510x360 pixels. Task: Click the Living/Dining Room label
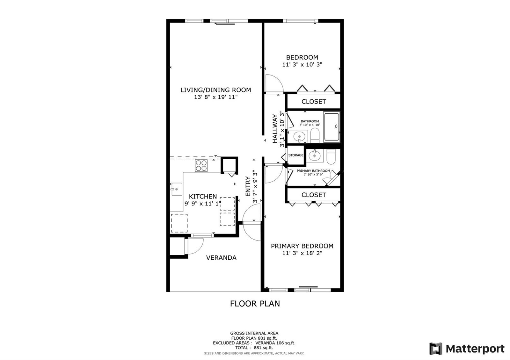(x=215, y=90)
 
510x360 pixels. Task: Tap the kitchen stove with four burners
(x=201, y=165)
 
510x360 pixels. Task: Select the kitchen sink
(x=177, y=189)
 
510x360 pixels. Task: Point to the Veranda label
(x=221, y=258)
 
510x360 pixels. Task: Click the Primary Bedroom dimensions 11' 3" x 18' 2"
(x=302, y=253)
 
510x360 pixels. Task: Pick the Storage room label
(x=296, y=155)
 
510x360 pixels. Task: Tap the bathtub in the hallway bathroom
(x=332, y=127)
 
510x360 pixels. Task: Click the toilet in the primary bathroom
(x=331, y=156)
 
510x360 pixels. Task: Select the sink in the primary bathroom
(x=315, y=156)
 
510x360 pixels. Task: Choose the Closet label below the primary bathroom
(x=314, y=195)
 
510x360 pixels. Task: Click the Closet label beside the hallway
(x=314, y=102)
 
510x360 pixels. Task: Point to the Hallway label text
(x=275, y=129)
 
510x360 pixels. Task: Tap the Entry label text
(x=248, y=186)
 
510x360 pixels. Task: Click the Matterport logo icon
(x=436, y=349)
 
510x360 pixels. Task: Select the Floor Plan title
(x=255, y=304)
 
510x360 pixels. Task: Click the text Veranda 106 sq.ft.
(x=275, y=343)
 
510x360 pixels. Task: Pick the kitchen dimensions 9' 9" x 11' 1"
(x=203, y=204)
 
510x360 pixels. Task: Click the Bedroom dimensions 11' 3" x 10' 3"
(x=302, y=64)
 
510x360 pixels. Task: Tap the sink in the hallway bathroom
(x=299, y=137)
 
